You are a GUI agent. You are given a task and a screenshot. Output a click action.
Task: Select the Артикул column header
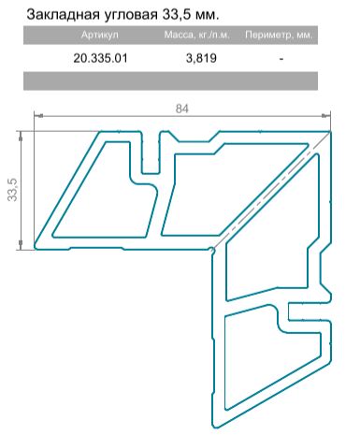(x=100, y=35)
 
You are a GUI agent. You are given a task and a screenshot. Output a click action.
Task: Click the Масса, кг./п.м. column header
(x=197, y=35)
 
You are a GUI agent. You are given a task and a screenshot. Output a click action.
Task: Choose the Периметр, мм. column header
(x=279, y=35)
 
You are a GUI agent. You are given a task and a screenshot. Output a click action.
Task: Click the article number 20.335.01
(x=100, y=58)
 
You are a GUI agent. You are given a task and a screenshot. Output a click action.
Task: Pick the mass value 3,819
(x=201, y=58)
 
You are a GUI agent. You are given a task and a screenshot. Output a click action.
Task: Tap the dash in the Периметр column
(x=281, y=58)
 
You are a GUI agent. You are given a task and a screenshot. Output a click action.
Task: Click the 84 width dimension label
(x=182, y=109)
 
